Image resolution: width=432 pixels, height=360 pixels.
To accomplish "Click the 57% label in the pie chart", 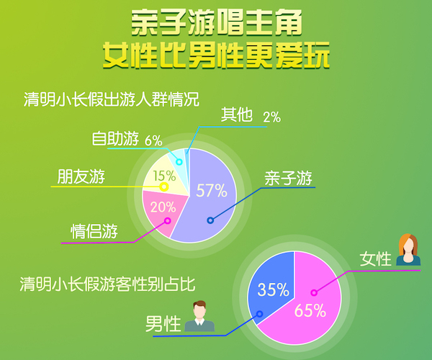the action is pyautogui.click(x=212, y=190).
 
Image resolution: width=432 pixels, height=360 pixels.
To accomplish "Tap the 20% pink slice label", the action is pyautogui.click(x=163, y=207).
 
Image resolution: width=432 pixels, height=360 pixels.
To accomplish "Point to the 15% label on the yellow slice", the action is pyautogui.click(x=164, y=176).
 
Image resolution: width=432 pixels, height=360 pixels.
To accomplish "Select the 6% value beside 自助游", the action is pyautogui.click(x=153, y=140).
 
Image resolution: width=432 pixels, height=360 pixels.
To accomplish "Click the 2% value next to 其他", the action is pyautogui.click(x=272, y=117).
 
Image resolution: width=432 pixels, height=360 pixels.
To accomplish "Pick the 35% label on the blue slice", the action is pyautogui.click(x=274, y=289).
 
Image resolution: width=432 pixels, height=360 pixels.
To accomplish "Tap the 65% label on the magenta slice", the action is pyautogui.click(x=310, y=310).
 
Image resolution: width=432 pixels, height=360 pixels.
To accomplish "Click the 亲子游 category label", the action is pyautogui.click(x=288, y=179).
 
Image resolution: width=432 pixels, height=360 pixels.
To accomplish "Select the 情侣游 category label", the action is pyautogui.click(x=94, y=231).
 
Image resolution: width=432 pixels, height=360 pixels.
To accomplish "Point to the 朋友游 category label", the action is pyautogui.click(x=81, y=176).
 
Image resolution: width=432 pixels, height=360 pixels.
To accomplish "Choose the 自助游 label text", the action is pyautogui.click(x=115, y=138).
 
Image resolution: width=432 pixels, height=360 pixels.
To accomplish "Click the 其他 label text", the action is pyautogui.click(x=237, y=114).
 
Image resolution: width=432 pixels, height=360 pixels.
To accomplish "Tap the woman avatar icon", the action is pyautogui.click(x=408, y=250).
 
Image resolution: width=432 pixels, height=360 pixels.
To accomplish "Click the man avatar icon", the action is pyautogui.click(x=199, y=316).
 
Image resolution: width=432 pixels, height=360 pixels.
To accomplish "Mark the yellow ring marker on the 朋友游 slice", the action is pyautogui.click(x=164, y=186).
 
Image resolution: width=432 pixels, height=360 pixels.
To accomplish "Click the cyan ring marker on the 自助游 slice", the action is pyautogui.click(x=179, y=162).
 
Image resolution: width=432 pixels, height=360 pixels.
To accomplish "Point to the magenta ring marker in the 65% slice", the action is pyautogui.click(x=314, y=292).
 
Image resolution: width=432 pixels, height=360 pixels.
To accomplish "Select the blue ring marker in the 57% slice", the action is pyautogui.click(x=210, y=220).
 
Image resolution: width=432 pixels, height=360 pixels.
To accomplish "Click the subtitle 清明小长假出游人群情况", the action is pyautogui.click(x=112, y=99).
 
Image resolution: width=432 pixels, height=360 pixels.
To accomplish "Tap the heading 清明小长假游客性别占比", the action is pyautogui.click(x=107, y=284).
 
